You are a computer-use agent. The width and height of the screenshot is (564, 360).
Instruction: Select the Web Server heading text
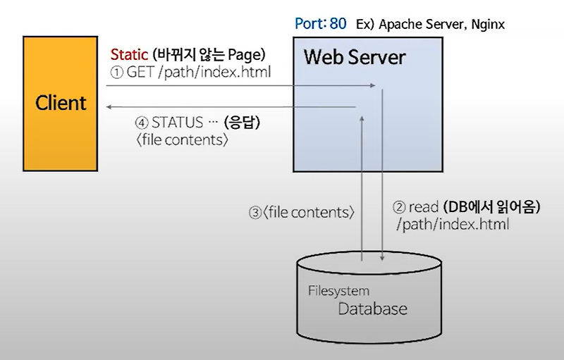[x=354, y=56]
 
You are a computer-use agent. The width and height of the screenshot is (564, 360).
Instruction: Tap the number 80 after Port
[x=338, y=23]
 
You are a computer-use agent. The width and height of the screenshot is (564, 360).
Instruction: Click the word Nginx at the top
[x=488, y=25]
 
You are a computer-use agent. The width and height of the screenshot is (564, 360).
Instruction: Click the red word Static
[x=128, y=54]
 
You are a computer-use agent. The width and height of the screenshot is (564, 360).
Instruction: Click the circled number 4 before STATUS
[x=141, y=123]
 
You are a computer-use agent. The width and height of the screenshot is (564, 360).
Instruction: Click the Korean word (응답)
[x=242, y=123]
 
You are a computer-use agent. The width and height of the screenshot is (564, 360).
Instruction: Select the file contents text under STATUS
[x=181, y=139]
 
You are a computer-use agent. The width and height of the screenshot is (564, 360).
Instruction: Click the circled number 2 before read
[x=399, y=207]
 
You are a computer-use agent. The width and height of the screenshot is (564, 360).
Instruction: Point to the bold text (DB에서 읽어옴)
[x=491, y=207]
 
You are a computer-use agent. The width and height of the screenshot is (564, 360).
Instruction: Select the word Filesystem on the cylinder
[x=338, y=290]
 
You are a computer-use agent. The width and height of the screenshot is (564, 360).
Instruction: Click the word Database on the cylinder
[x=372, y=309]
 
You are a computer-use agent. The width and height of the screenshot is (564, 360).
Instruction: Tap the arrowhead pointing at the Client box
[x=109, y=108]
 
